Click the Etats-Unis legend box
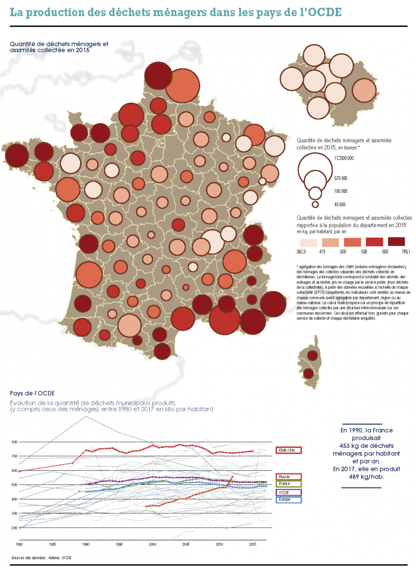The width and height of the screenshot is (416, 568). click(289, 450)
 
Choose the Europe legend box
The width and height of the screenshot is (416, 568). click(289, 499)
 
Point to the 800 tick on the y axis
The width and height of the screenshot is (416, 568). click(14, 442)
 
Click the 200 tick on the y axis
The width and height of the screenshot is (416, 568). click(14, 528)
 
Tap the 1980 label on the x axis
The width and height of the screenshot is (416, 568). click(19, 545)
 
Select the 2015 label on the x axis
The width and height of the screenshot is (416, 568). click(252, 545)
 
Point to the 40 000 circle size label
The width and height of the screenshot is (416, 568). click(340, 204)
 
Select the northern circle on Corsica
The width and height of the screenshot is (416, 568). click(312, 355)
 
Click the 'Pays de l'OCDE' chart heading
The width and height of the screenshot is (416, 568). click(32, 393)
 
